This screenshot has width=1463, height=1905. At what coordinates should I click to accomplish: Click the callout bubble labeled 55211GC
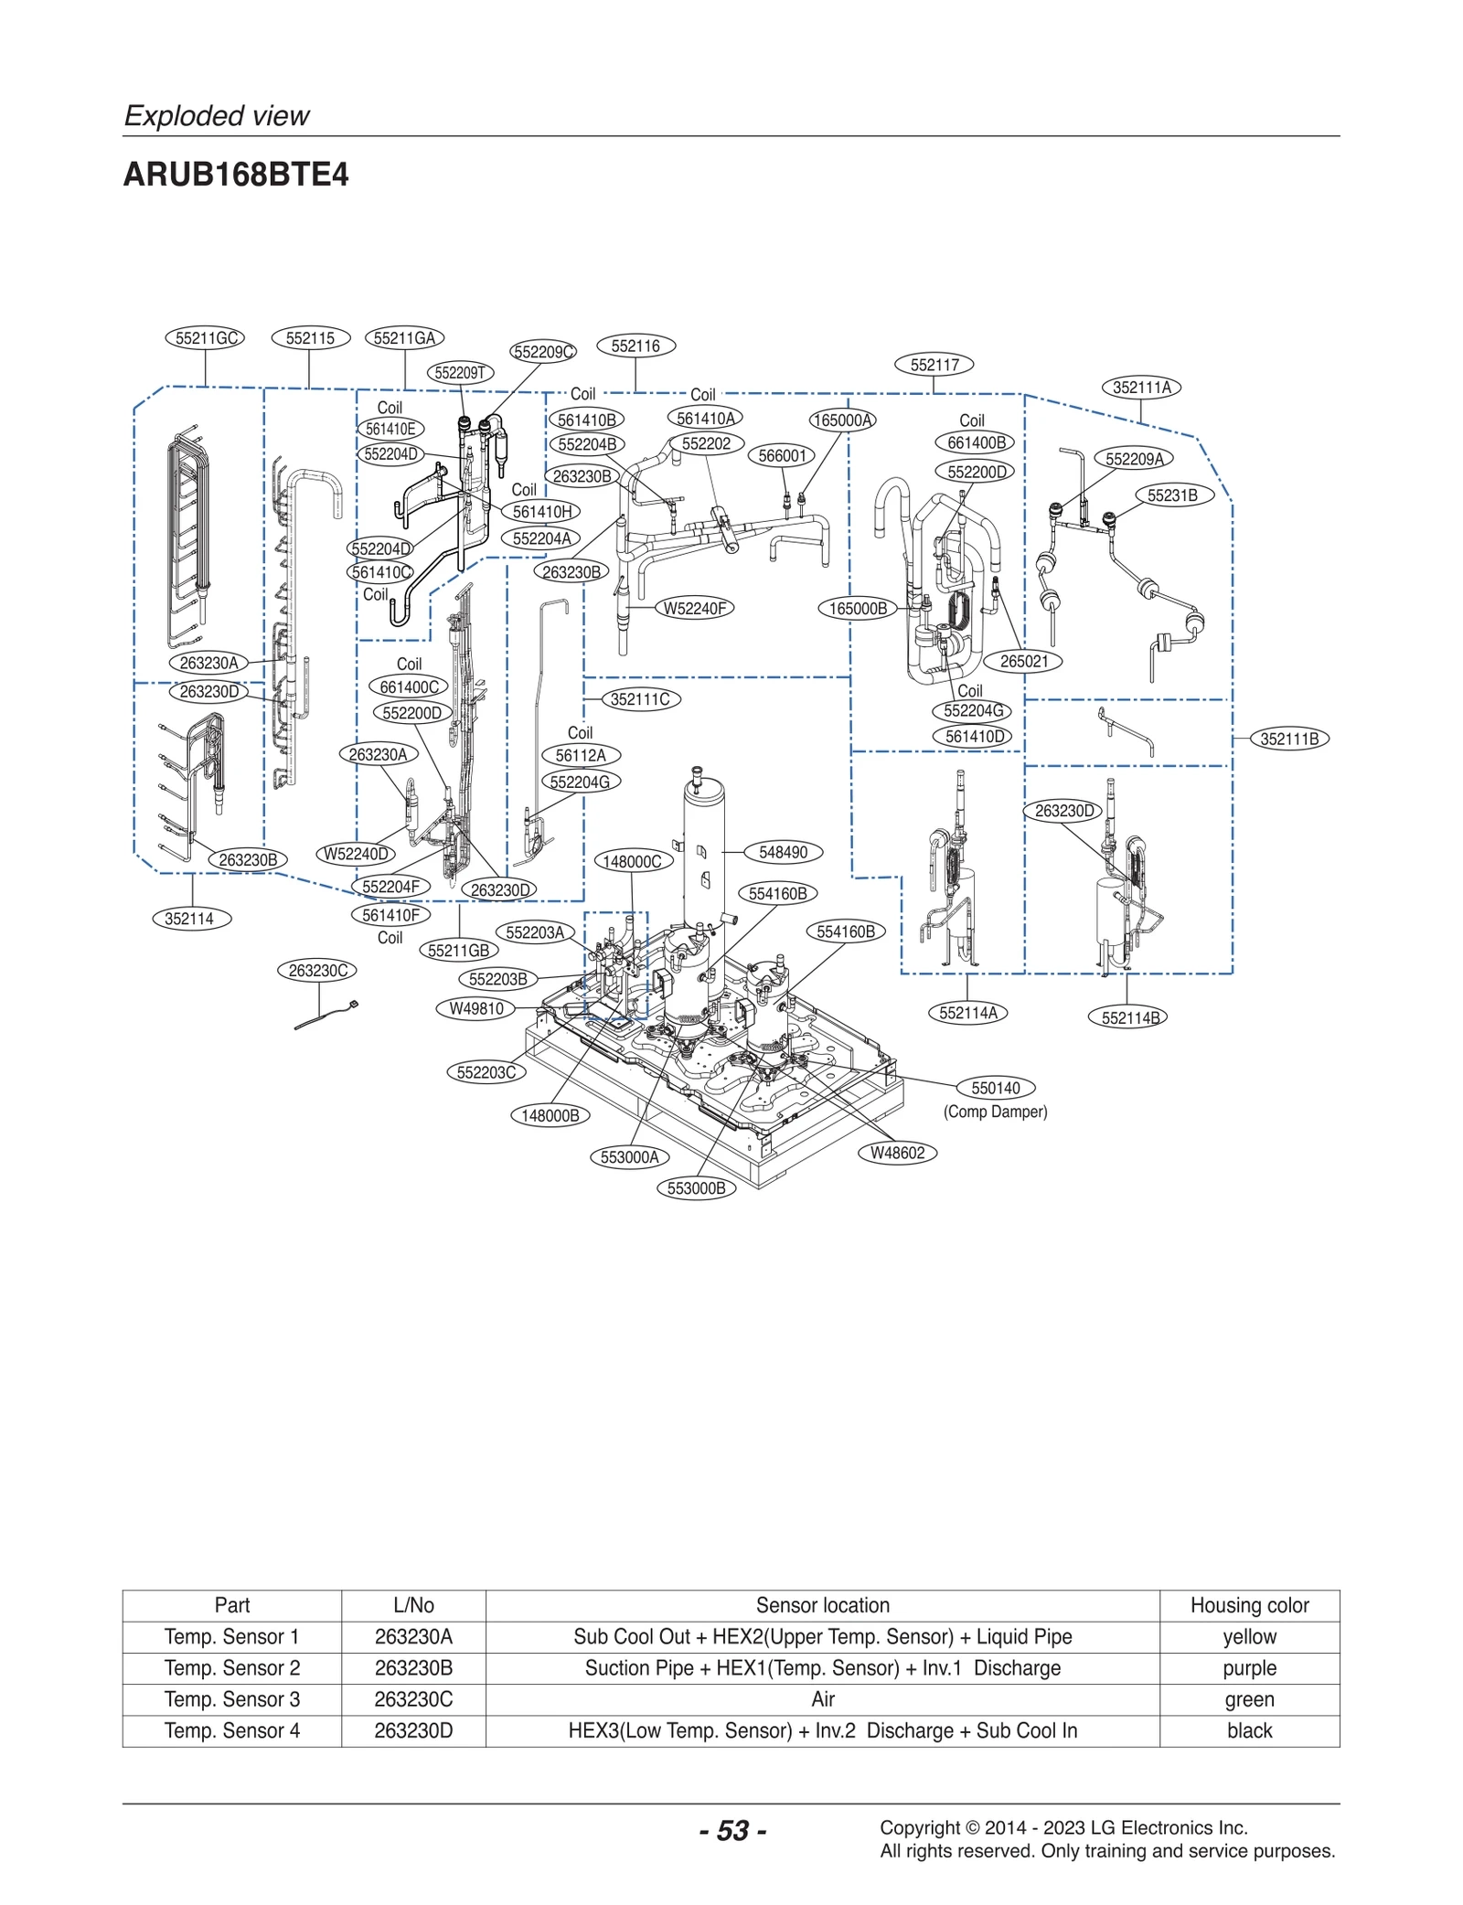[x=206, y=338]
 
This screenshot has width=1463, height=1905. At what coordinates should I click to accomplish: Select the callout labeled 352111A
[x=1141, y=388]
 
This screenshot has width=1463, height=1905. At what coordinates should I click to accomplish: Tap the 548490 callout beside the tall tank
[x=784, y=852]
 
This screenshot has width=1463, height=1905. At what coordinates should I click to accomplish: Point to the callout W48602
[x=897, y=1153]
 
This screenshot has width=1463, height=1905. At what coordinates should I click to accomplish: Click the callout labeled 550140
[x=995, y=1088]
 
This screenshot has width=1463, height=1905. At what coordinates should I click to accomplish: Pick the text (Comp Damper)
[x=995, y=1112]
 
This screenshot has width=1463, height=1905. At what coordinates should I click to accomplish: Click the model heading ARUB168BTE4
[x=236, y=175]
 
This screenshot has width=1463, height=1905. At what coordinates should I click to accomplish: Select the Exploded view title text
[x=217, y=116]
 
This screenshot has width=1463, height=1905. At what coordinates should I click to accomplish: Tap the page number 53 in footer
[x=732, y=1830]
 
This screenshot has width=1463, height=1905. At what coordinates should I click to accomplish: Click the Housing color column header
[x=1249, y=1605]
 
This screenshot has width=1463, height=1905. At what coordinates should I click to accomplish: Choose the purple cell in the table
[x=1249, y=1667]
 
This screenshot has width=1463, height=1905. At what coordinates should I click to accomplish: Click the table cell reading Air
[x=822, y=1698]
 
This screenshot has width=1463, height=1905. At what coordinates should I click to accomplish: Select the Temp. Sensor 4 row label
[x=232, y=1730]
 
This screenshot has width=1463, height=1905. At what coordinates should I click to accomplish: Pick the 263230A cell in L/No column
[x=413, y=1636]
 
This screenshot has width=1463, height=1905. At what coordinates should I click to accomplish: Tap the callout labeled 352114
[x=191, y=919]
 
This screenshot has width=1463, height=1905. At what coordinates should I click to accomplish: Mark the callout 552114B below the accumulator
[x=1129, y=1017]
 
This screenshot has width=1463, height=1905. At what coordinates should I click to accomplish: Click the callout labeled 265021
[x=1023, y=661]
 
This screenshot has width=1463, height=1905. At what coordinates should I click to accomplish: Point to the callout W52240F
[x=695, y=608]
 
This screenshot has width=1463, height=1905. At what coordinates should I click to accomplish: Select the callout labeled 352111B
[x=1288, y=739]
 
